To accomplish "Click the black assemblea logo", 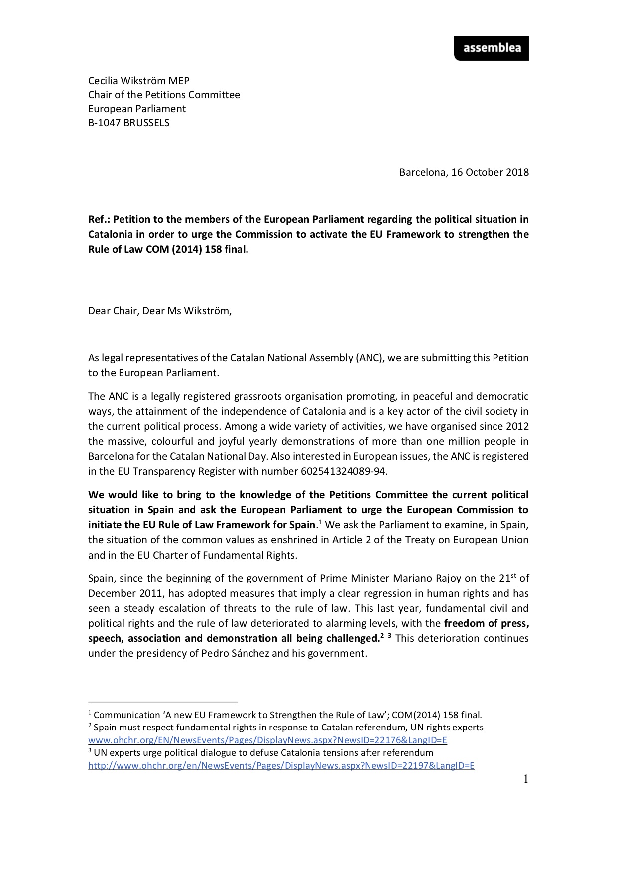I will pyautogui.click(x=491, y=49).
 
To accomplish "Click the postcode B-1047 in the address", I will pyautogui.click(x=105, y=123).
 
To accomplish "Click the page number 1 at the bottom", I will pyautogui.click(x=525, y=779).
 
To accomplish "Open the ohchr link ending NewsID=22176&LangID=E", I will pyautogui.click(x=267, y=740).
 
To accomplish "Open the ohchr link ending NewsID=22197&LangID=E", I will pyautogui.click(x=281, y=766).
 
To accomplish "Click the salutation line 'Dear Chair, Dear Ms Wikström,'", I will pyautogui.click(x=160, y=311).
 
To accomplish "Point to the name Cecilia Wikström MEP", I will pyautogui.click(x=138, y=81).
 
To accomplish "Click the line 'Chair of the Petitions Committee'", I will pyautogui.click(x=164, y=95).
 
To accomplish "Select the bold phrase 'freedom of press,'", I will pyautogui.click(x=486, y=623).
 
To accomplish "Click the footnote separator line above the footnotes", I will pyautogui.click(x=163, y=701).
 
